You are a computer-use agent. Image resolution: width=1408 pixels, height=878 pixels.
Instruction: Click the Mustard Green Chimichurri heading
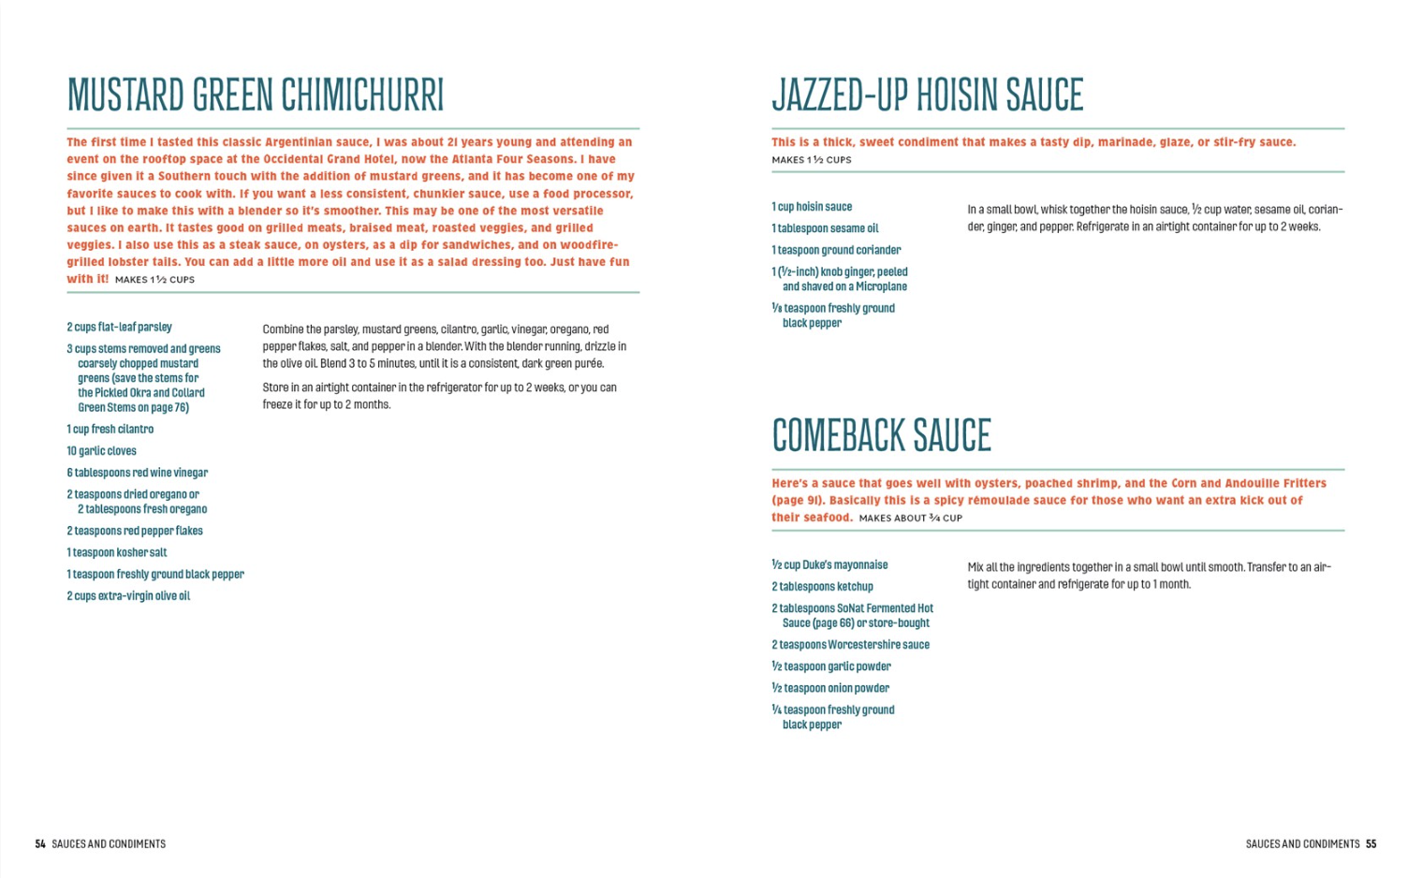click(255, 95)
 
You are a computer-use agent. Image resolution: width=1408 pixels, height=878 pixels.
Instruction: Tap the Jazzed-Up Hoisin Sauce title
click(927, 95)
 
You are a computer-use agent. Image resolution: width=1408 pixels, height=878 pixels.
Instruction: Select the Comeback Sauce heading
click(881, 435)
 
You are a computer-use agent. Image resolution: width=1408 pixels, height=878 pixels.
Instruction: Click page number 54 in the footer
click(40, 843)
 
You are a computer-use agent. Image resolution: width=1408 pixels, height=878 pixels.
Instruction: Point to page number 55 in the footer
click(1371, 843)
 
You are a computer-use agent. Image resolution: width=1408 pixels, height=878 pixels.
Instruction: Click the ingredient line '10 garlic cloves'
click(101, 451)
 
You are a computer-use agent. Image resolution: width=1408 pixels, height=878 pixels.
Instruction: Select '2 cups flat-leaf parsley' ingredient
click(119, 327)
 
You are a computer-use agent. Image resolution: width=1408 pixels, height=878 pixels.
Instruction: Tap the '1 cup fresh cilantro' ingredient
click(110, 430)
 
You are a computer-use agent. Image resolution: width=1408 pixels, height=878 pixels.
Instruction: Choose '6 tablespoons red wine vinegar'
click(137, 473)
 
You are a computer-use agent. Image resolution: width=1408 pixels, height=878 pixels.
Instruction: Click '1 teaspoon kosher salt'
click(116, 552)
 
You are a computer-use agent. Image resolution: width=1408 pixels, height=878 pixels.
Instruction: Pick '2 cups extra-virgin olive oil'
click(128, 596)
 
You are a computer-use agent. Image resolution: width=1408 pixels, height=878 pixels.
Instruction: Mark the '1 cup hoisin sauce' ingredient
click(812, 207)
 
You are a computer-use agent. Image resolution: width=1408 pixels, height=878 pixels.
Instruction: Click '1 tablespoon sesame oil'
click(825, 228)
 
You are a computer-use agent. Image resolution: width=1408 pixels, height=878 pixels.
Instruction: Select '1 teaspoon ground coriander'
click(836, 250)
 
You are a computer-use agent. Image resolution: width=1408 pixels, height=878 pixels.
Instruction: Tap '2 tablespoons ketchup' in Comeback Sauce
click(822, 587)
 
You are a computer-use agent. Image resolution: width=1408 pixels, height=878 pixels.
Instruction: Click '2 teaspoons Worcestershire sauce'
click(850, 645)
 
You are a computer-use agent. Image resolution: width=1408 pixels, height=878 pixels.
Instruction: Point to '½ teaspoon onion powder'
click(830, 688)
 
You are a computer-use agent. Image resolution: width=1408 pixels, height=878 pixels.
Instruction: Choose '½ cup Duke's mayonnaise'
click(829, 565)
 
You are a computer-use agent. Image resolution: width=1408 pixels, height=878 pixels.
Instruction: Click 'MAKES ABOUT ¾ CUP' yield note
click(910, 518)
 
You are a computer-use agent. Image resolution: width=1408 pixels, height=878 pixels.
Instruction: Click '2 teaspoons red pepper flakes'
click(134, 531)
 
